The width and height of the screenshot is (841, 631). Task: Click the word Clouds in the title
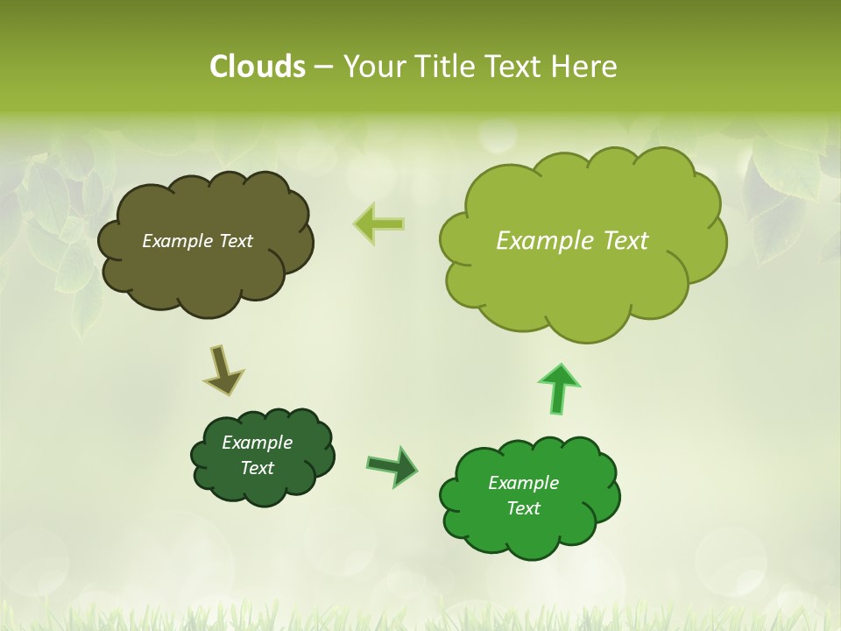coord(257,67)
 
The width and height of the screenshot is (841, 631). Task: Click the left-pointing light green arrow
coord(380,223)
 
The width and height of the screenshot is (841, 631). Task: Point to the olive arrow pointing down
coord(223,370)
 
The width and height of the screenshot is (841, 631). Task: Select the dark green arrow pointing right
coord(392,465)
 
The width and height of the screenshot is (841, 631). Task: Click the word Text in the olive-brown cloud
coord(236,241)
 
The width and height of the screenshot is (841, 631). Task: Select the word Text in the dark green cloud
coord(258,468)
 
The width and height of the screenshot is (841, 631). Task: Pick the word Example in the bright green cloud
coord(523,483)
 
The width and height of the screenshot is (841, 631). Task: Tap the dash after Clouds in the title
coord(322,67)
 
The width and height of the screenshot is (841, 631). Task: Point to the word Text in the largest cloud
coord(625,240)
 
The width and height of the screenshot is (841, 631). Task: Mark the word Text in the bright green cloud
coord(523,508)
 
